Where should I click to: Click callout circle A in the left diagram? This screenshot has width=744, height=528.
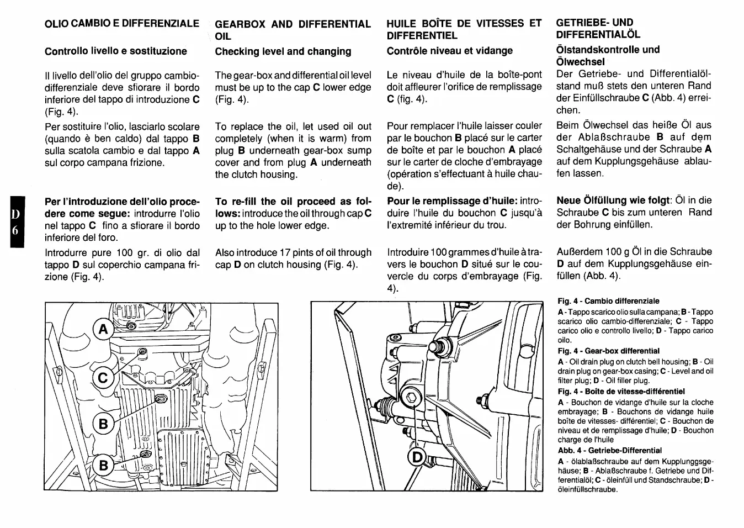[102, 330]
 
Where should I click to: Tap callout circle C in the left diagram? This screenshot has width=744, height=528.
[103, 378]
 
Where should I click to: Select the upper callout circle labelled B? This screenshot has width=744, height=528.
[103, 424]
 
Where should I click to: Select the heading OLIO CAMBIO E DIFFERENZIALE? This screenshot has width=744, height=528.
[121, 23]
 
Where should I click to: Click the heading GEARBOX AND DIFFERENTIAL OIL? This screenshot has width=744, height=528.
[293, 30]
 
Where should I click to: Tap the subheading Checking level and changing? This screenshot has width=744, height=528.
[283, 51]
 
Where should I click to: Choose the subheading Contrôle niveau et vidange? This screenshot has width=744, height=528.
[449, 51]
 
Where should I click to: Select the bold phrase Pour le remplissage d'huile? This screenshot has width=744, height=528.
[451, 201]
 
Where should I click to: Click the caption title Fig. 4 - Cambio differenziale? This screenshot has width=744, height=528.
[608, 301]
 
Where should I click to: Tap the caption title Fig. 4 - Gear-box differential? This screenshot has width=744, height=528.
[608, 351]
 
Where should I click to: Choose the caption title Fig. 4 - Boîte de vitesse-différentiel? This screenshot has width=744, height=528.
[621, 391]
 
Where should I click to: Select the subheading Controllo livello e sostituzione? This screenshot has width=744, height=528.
[115, 51]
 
